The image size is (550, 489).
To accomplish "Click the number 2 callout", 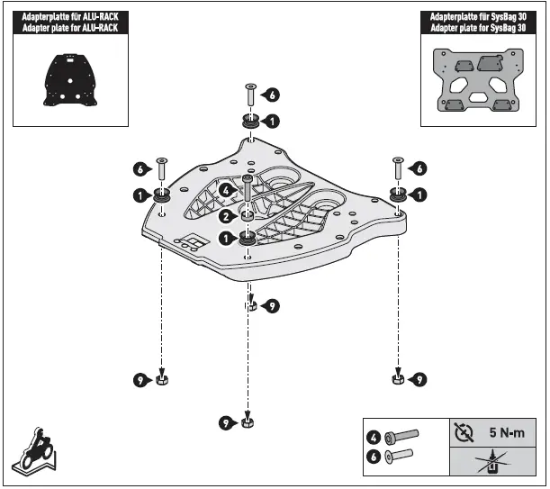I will [x=225, y=216].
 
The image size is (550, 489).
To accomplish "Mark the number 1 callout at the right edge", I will [x=419, y=194].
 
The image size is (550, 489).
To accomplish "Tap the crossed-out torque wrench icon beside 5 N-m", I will [x=464, y=432].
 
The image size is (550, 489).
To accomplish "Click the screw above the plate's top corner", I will [x=249, y=94].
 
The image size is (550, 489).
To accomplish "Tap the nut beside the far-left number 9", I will [x=161, y=381].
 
